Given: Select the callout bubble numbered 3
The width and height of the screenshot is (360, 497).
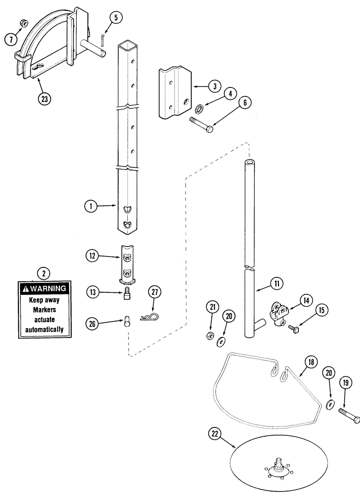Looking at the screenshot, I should pos(214,86).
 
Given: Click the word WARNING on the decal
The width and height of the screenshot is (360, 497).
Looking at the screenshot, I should pos(48,289).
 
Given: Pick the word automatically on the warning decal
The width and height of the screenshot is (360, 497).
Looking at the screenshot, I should pos(45,329).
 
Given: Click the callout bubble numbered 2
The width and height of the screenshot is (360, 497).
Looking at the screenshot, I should pos(44,272).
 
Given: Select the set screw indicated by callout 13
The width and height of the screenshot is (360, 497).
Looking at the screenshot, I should pos(127,294).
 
